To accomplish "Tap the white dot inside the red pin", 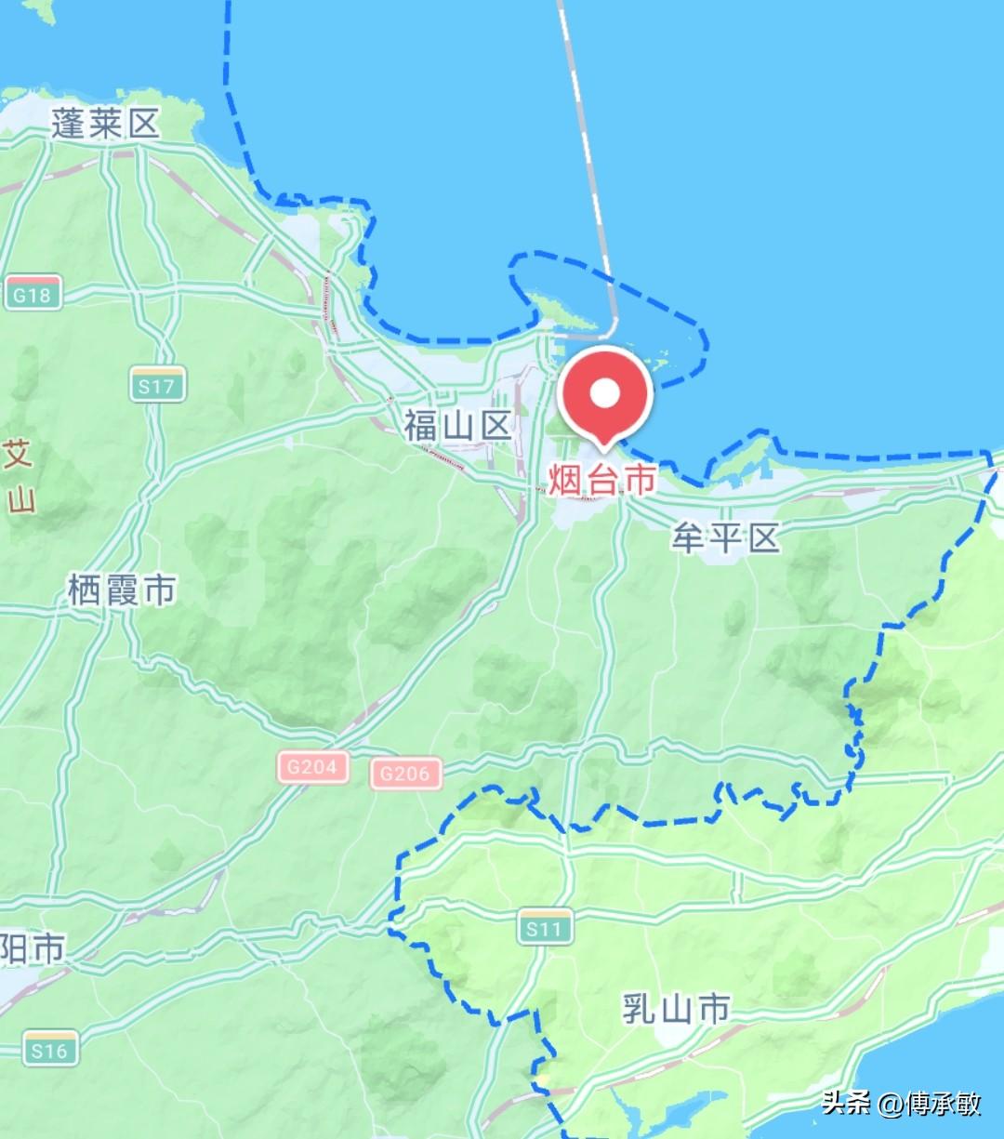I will coord(605,392).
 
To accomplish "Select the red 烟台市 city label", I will coord(601,479).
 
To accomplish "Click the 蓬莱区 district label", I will coord(105,123).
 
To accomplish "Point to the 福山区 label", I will coord(457,426).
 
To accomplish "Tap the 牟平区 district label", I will coord(725,537).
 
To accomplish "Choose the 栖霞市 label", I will coord(122,589).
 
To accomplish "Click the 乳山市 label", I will coord(676,1008).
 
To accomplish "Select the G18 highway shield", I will coord(33,295).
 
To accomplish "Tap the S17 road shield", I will coord(157,385).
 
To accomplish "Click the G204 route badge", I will coord(311,767).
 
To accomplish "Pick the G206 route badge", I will coord(405,773).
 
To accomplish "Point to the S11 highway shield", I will coord(545,928).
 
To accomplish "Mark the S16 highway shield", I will coord(50,1050).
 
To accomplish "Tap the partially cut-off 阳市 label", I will coord(33,949).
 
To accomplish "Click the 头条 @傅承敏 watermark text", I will coord(901,1103).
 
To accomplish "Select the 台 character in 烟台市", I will coord(601,479).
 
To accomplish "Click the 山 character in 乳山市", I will coord(676,1008).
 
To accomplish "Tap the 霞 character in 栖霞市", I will coord(122,589).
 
